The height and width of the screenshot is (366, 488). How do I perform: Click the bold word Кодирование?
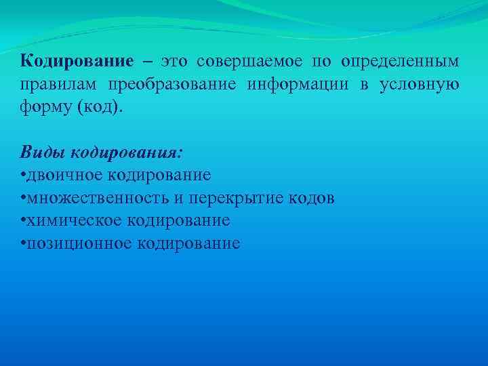click(x=77, y=61)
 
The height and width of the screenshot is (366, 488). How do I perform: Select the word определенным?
click(x=399, y=62)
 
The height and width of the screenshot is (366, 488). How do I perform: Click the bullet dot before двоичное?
click(x=24, y=175)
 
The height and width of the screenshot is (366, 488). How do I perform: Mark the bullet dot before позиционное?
click(x=24, y=243)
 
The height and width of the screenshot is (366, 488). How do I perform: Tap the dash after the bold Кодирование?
click(x=148, y=62)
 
